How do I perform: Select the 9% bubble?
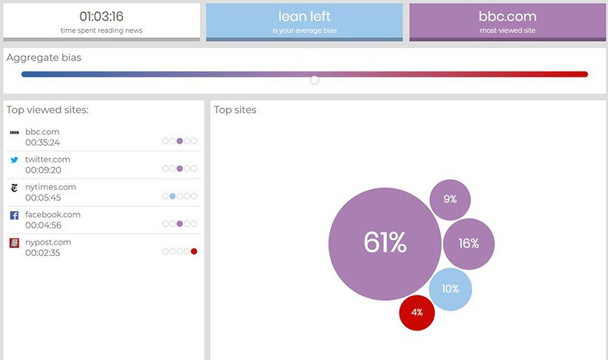[x=450, y=199]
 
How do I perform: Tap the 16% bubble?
[x=469, y=243]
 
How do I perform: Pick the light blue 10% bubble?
[x=450, y=289]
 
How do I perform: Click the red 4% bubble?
[x=417, y=311]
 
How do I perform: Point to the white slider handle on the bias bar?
[x=315, y=79]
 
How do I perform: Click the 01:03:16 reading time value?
[x=101, y=16]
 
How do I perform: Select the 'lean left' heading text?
[x=304, y=16]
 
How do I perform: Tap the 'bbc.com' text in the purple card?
[x=507, y=16]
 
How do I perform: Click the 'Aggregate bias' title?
[x=44, y=58]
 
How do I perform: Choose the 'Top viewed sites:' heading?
[x=48, y=110]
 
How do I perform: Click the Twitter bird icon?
[x=14, y=159]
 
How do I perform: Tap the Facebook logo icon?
[x=14, y=216]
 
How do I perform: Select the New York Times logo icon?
[x=14, y=188]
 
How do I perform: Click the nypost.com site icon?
[x=14, y=243]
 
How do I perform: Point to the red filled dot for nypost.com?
[x=194, y=251]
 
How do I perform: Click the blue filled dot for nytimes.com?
[x=173, y=196]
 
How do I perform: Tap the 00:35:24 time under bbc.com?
[x=43, y=142]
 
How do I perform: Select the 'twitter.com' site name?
[x=48, y=159]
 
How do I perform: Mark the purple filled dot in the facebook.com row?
[x=179, y=224]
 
